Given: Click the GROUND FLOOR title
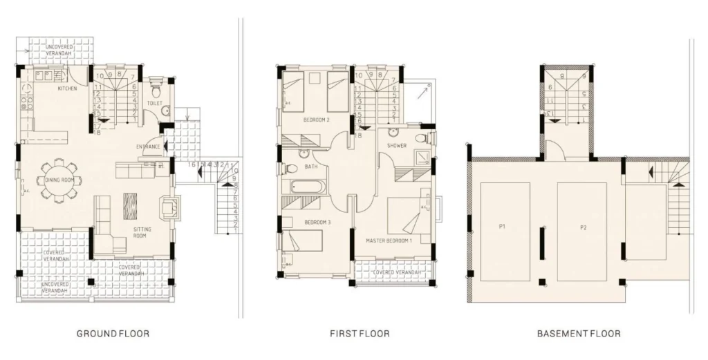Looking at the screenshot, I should click(x=113, y=334).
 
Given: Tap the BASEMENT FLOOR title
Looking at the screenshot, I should click(x=579, y=334).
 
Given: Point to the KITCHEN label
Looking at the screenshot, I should click(x=67, y=89).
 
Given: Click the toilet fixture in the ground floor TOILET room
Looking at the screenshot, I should click(x=155, y=90).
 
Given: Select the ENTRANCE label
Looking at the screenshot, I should click(x=149, y=146).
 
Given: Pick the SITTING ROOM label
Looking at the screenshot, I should click(x=142, y=232).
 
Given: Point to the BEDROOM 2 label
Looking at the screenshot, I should click(x=316, y=120).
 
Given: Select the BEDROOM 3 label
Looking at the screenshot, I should click(x=317, y=222).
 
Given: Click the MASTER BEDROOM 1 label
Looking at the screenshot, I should click(x=389, y=240).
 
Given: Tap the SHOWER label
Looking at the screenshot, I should click(x=397, y=146).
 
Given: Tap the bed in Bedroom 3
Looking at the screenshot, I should click(x=304, y=241).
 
